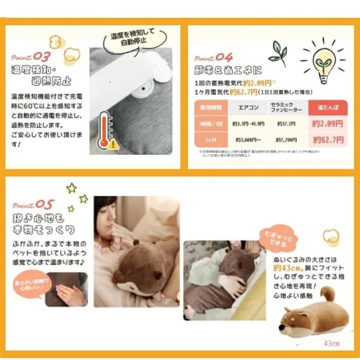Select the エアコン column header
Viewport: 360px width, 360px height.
tap(247, 107)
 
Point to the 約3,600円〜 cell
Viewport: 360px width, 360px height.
tap(247, 138)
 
